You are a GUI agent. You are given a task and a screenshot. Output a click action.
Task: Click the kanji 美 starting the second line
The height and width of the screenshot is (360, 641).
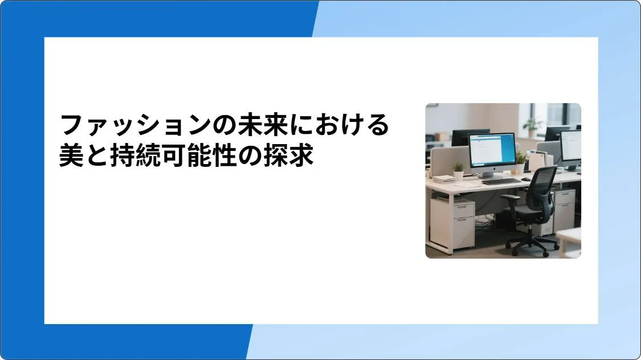71,156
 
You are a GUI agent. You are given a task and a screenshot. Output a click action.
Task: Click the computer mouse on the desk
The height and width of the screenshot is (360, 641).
526,178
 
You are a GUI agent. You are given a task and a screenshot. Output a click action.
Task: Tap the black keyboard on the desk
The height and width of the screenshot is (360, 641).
501,181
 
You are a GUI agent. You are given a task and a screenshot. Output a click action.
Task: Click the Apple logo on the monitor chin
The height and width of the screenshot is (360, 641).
492,169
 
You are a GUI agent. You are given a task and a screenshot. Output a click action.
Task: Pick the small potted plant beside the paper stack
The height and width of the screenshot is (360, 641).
458,170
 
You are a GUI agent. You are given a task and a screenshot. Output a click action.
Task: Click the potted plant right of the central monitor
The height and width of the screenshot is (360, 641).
520,160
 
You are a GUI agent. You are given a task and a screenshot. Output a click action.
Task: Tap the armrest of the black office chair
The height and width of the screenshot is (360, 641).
511,198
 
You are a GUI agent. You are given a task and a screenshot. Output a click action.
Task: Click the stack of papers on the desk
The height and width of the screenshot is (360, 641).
444,178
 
